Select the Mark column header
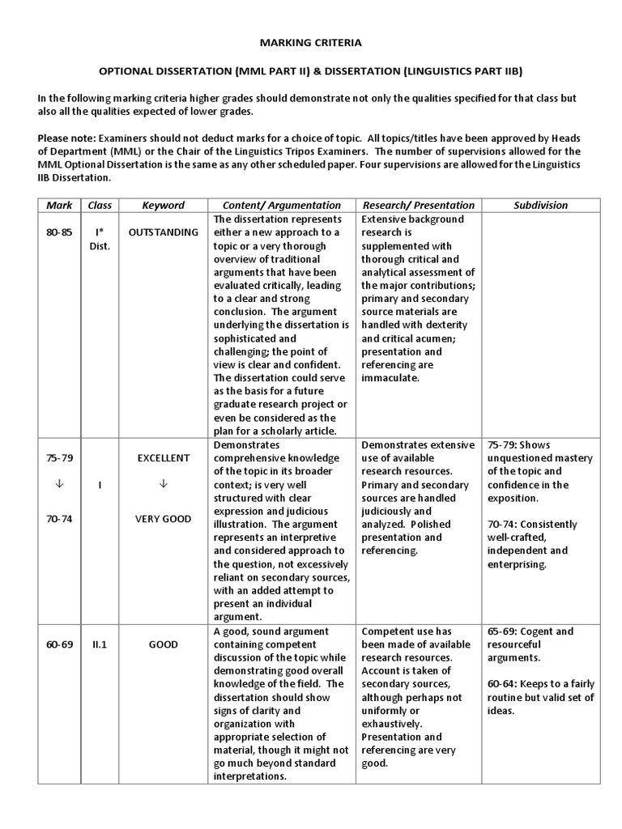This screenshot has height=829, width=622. (59, 206)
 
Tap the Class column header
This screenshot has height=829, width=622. (100, 206)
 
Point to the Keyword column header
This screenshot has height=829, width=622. (163, 206)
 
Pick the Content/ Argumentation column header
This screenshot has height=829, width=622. (282, 206)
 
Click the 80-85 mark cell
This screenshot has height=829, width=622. (59, 232)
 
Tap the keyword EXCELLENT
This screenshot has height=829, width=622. (163, 457)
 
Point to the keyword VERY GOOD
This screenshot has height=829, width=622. (163, 519)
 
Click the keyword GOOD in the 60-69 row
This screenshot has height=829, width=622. (163, 644)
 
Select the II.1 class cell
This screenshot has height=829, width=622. (100, 644)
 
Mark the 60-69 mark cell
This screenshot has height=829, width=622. (59, 644)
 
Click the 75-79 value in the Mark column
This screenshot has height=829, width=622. (59, 457)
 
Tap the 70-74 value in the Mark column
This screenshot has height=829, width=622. (59, 519)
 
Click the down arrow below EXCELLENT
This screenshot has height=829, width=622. (163, 484)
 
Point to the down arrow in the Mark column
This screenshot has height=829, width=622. (59, 484)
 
